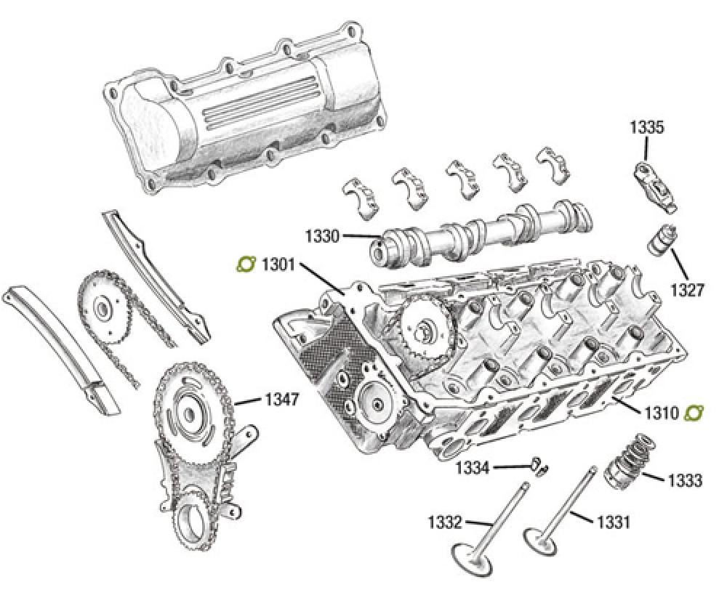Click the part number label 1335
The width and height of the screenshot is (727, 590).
click(x=646, y=128)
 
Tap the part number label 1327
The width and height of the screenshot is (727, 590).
click(x=687, y=291)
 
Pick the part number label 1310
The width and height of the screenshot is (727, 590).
click(x=660, y=413)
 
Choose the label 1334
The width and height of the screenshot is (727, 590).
click(x=473, y=467)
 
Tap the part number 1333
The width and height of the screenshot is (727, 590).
click(x=684, y=480)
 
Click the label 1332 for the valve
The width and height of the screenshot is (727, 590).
click(x=443, y=521)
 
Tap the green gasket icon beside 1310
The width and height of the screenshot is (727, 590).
click(x=694, y=413)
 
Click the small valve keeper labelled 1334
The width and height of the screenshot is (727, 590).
click(x=539, y=464)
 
